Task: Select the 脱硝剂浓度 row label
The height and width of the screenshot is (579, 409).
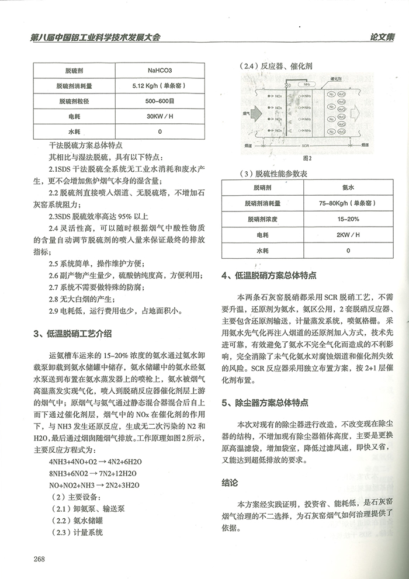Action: [262, 219]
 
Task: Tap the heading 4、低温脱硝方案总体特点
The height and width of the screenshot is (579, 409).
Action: [269, 276]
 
